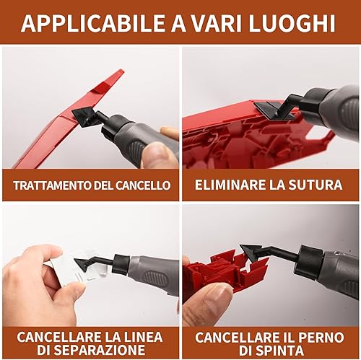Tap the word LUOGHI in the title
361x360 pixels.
292,23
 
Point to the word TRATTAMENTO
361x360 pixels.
52,185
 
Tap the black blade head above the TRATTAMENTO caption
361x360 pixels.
86,116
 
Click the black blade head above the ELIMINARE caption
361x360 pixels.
273,110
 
